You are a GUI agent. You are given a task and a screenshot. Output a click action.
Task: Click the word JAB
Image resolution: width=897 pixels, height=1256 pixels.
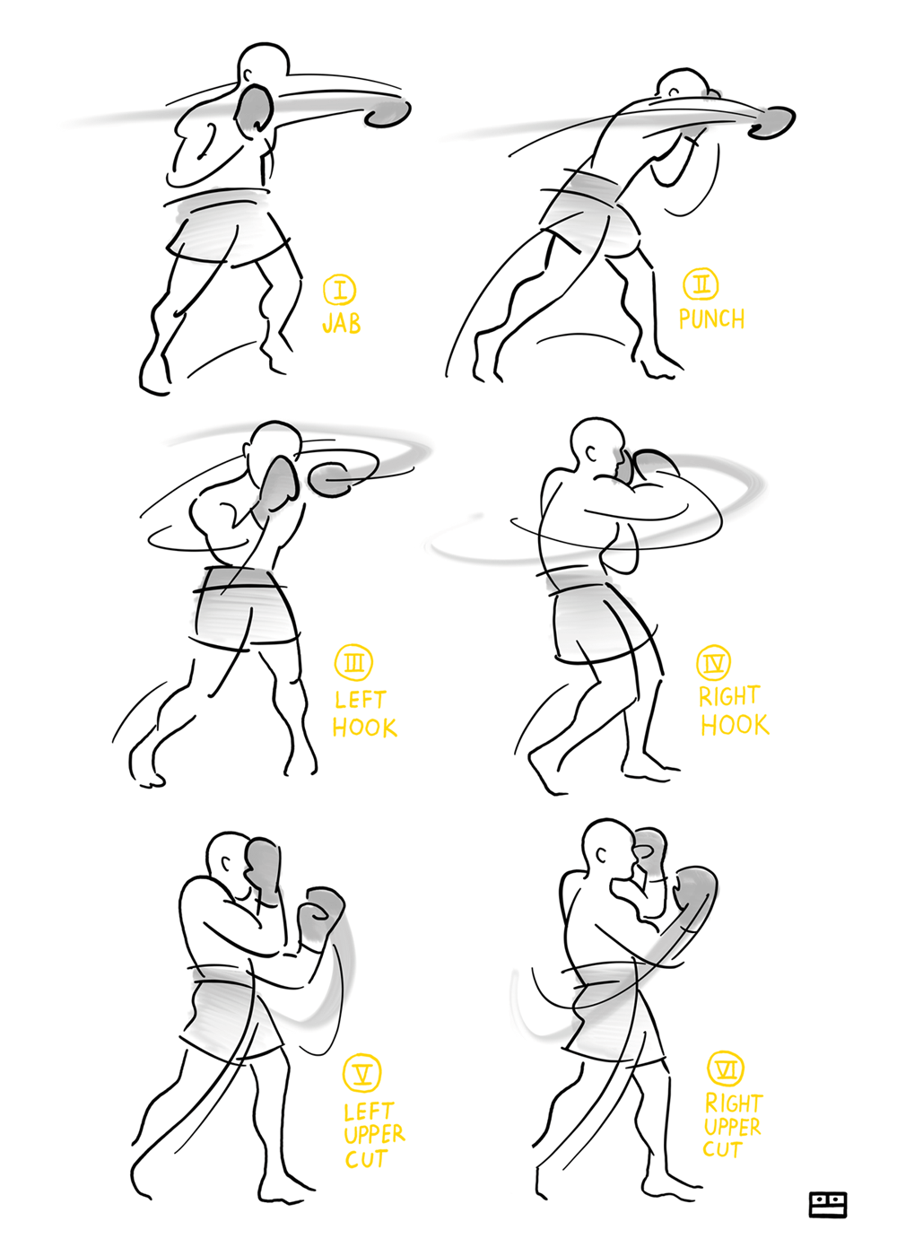(x=341, y=324)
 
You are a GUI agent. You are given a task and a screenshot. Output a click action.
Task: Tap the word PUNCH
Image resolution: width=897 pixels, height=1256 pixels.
(x=711, y=318)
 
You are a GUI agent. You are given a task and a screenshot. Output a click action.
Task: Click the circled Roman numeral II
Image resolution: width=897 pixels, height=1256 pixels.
(x=701, y=285)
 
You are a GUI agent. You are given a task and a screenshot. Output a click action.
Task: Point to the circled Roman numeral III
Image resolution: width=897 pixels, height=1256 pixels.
(x=353, y=663)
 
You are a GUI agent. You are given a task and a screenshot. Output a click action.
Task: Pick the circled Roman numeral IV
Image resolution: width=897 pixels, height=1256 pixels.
(x=715, y=662)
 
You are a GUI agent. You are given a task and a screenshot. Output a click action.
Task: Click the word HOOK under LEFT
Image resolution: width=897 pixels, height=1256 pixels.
(x=364, y=727)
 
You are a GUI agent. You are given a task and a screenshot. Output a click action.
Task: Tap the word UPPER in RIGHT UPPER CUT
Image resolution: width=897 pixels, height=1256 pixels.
(x=732, y=1128)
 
